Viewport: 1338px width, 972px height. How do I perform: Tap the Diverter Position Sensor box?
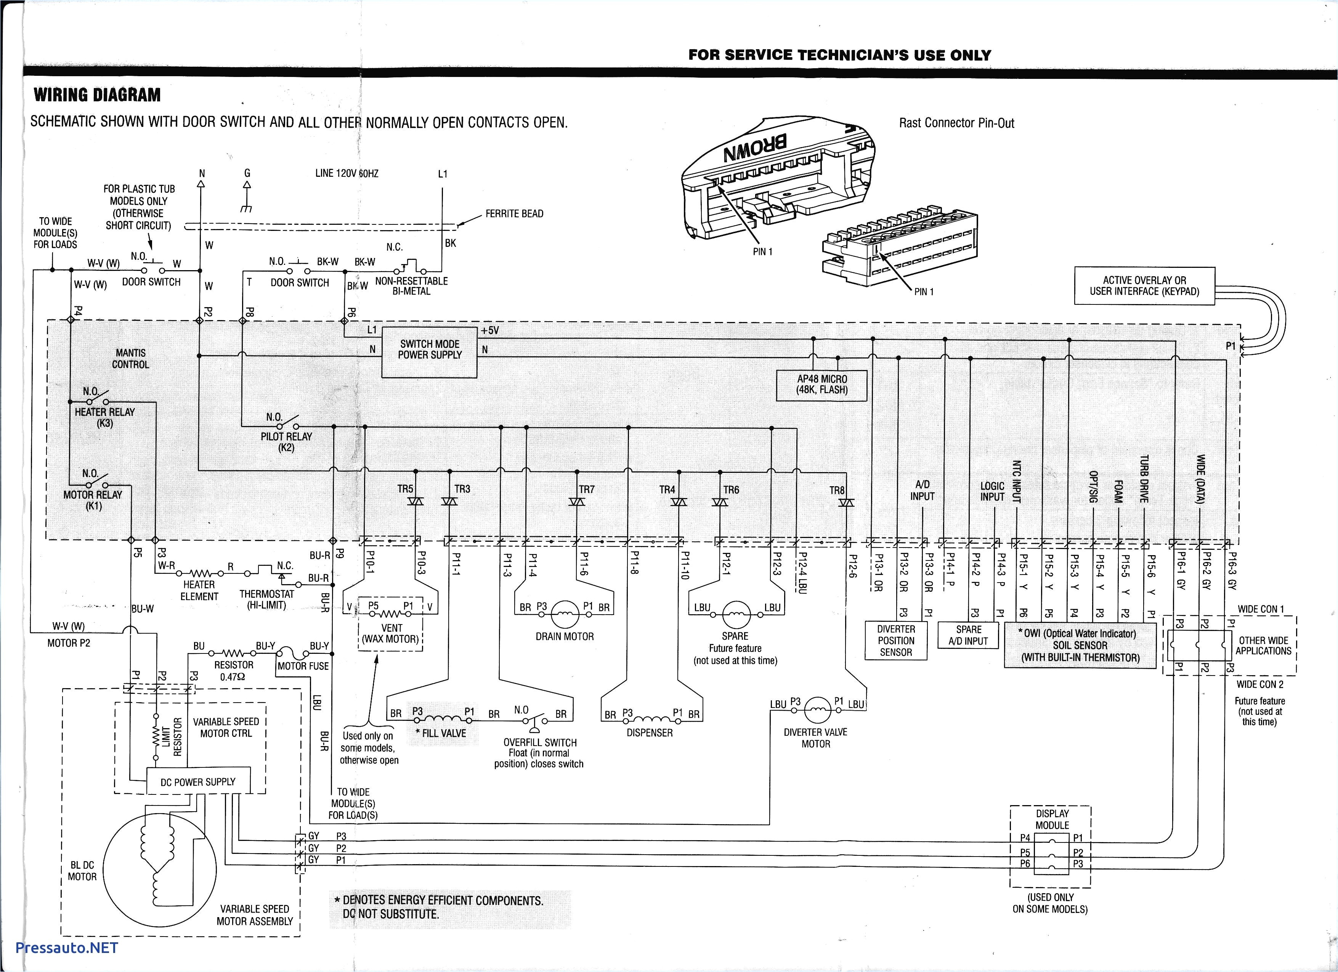[x=895, y=641]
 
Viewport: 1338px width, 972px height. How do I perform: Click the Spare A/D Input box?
[x=968, y=635]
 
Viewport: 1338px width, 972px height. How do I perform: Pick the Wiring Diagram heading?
[x=97, y=95]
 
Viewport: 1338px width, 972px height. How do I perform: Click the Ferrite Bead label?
[x=514, y=213]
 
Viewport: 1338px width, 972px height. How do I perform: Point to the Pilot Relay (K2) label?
[x=286, y=442]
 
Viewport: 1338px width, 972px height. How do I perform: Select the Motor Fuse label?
[x=303, y=666]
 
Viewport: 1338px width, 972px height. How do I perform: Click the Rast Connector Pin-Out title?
[x=956, y=123]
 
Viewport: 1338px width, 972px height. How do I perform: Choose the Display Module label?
[x=1052, y=819]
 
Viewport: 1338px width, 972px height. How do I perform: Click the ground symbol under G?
[x=247, y=208]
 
